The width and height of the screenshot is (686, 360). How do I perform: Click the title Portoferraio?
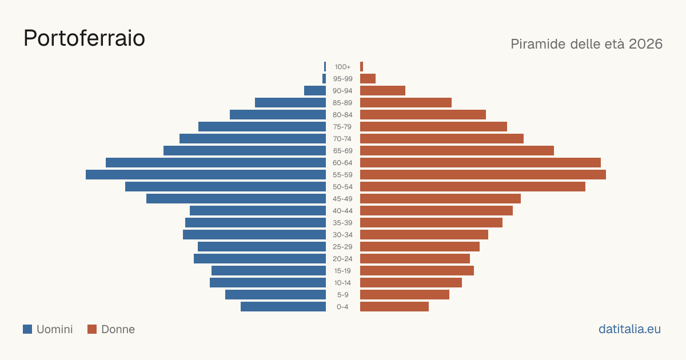point(84,38)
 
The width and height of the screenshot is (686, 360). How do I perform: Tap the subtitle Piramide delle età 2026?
point(587,44)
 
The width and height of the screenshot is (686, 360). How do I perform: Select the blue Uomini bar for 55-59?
point(206,175)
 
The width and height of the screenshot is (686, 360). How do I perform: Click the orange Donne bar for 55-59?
point(483,175)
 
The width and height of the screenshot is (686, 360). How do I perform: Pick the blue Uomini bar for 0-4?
point(284,307)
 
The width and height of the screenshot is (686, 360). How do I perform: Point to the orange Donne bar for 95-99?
point(368,79)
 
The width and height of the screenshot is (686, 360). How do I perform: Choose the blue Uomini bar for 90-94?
point(315,91)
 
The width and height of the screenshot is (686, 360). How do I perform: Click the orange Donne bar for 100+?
point(362,67)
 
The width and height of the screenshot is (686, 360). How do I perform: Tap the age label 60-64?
point(342,163)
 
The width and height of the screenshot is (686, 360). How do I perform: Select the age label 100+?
point(342,67)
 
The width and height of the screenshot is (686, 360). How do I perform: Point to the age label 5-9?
point(342,295)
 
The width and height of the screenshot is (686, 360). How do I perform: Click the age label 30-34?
point(342,235)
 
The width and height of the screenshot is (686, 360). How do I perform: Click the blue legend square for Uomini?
point(27,329)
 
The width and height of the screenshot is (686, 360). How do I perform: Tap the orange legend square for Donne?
point(92,329)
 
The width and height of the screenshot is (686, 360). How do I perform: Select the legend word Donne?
point(118,329)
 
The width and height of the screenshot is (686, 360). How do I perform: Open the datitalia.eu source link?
point(629,329)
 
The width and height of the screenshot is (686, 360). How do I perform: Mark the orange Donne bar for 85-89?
point(406,102)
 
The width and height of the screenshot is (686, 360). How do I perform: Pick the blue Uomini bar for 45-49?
point(236,199)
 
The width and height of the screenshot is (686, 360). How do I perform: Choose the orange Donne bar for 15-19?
point(417,271)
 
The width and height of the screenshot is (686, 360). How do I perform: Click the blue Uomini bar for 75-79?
point(262,127)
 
